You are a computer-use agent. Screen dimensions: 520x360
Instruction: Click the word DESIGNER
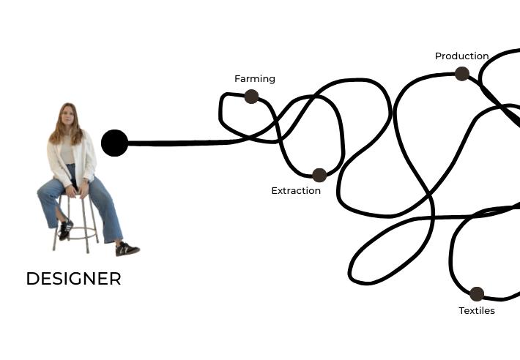tap(73, 279)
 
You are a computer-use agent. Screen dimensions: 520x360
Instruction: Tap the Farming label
tap(255, 79)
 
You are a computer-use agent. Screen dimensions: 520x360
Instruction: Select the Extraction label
tap(296, 191)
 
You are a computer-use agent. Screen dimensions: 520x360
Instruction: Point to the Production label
tap(461, 56)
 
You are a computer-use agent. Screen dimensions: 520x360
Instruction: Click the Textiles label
tap(477, 311)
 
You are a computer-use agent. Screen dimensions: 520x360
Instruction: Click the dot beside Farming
tap(251, 97)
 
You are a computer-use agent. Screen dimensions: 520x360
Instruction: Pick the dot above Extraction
tap(319, 175)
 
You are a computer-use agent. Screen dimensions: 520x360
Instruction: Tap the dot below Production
tap(461, 73)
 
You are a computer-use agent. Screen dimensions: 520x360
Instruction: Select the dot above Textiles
tap(477, 294)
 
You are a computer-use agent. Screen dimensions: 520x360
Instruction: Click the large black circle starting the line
tap(114, 143)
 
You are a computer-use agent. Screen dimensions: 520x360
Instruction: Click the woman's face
tap(67, 116)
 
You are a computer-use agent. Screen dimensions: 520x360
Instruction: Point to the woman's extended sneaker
tap(127, 249)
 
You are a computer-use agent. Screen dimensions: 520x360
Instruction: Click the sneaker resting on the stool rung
tap(65, 229)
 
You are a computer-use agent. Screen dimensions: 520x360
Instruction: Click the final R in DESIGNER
tap(114, 279)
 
